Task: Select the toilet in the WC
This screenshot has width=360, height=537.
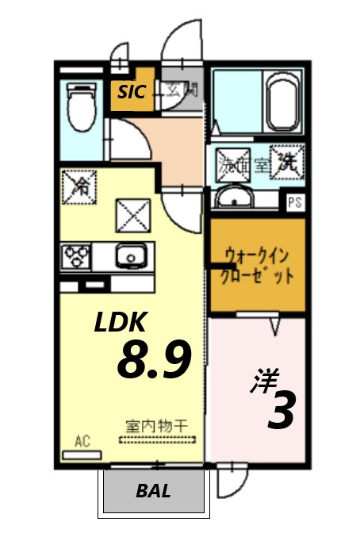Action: (79, 108)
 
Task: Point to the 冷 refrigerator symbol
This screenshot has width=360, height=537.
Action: (79, 187)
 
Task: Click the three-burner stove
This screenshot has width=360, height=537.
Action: (76, 256)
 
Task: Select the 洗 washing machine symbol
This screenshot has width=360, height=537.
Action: (285, 163)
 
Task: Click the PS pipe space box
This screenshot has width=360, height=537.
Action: (295, 201)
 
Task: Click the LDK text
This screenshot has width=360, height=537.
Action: (121, 323)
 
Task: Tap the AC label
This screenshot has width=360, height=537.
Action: (82, 441)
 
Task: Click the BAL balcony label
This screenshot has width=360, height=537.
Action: (153, 491)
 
